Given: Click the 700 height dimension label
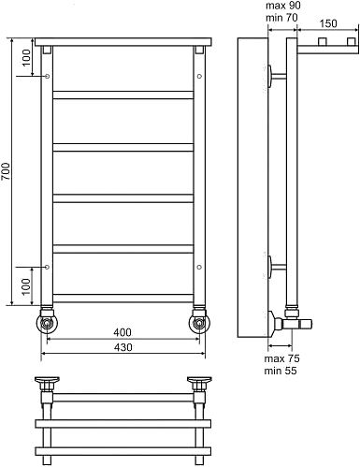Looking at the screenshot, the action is [7, 171].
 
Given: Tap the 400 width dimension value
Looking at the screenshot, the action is [122, 332].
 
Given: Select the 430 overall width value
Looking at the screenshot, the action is [122, 347].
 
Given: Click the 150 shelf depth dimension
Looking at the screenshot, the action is [328, 23].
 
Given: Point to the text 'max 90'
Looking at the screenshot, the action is [283, 6].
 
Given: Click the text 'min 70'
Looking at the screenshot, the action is [281, 18].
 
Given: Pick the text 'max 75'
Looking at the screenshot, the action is [281, 358].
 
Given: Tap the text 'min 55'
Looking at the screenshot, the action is [281, 371].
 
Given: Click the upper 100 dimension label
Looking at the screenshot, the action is [26, 57].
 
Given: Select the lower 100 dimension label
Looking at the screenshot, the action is [26, 286].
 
